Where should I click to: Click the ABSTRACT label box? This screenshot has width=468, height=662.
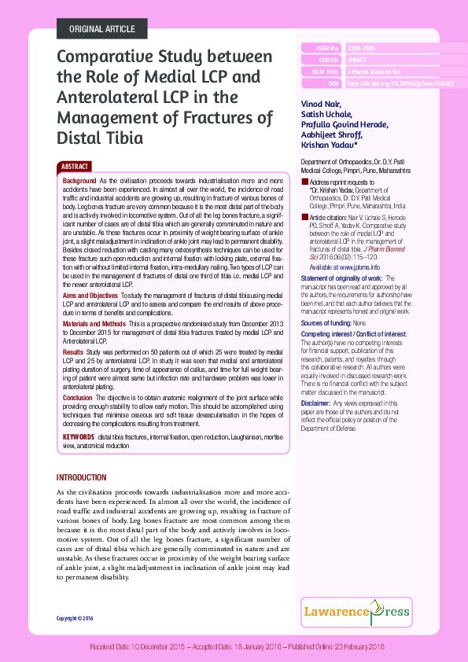click(76, 167)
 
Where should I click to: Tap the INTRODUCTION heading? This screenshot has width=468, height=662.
click(82, 478)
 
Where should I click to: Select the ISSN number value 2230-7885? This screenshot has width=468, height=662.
click(363, 48)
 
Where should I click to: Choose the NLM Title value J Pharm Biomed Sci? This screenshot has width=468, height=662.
click(374, 71)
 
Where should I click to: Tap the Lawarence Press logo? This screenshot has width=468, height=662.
click(367, 610)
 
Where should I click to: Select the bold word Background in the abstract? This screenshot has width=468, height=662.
click(79, 181)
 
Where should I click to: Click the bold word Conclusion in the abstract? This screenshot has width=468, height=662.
click(77, 398)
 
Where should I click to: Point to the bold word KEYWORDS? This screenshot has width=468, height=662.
click(79, 435)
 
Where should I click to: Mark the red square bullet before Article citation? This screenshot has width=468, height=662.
click(305, 215)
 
